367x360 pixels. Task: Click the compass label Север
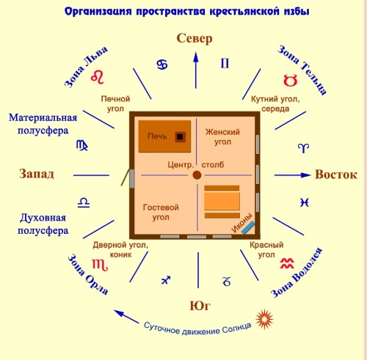(195, 38)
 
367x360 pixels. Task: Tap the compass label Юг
(200, 306)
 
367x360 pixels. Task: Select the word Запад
(37, 174)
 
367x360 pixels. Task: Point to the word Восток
(336, 175)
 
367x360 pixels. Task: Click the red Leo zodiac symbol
(98, 77)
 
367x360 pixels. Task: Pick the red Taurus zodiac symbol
(291, 80)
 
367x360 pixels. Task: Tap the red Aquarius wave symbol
(287, 263)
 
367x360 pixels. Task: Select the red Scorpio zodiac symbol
(100, 265)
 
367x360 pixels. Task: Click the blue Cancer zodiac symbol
(162, 65)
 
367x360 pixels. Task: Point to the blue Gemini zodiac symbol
(225, 63)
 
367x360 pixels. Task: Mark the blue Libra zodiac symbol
(84, 203)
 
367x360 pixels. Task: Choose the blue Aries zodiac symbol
(303, 148)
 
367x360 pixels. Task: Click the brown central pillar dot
(197, 175)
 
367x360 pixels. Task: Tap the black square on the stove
(180, 137)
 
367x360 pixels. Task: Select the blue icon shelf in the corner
(248, 227)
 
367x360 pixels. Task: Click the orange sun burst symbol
(264, 319)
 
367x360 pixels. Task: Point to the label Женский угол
(222, 137)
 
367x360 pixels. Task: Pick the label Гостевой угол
(161, 212)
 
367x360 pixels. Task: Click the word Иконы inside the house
(241, 223)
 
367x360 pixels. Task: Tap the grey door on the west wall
(132, 179)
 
